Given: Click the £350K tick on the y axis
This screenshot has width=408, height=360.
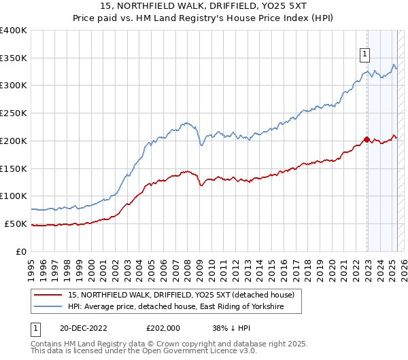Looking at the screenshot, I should (14, 58).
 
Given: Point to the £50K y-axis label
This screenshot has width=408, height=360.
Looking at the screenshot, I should (16, 223).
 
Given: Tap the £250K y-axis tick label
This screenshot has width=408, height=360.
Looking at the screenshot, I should (14, 113).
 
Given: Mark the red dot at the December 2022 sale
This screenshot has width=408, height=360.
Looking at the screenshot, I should (367, 139).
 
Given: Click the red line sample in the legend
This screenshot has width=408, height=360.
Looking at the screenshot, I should (49, 295).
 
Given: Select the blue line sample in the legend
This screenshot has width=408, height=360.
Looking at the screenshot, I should (49, 307).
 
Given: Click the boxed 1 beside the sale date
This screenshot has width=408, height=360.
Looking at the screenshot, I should (35, 327).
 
